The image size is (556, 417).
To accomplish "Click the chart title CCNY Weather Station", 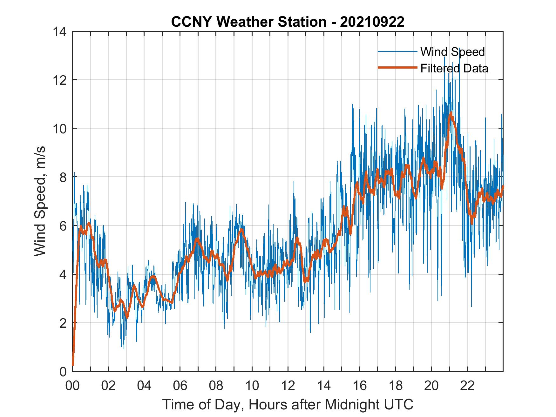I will [x=288, y=22].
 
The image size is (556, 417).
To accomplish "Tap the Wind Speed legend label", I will [x=452, y=52].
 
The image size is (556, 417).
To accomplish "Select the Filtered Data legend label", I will [x=454, y=68].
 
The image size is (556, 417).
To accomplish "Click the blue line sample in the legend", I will [x=397, y=51].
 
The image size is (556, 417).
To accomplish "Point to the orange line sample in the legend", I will [x=397, y=68].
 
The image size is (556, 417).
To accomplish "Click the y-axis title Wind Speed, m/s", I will [x=40, y=201].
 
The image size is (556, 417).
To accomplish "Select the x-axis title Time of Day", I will [x=288, y=405].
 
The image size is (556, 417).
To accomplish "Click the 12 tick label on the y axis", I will [x=60, y=80].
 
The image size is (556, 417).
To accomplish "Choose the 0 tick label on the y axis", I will [x=63, y=371].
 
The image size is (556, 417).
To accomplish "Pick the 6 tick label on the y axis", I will [x=63, y=226].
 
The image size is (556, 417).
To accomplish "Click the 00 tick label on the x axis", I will [x=72, y=386].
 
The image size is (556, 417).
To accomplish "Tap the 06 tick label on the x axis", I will [x=180, y=386].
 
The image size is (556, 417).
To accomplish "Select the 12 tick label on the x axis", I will [x=288, y=386].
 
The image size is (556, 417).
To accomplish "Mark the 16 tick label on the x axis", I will [x=360, y=386].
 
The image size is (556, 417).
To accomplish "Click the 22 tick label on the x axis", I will [x=467, y=386].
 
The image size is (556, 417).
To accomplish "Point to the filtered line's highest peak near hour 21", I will [x=451, y=113].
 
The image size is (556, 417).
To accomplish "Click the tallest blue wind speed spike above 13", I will [x=460, y=49].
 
